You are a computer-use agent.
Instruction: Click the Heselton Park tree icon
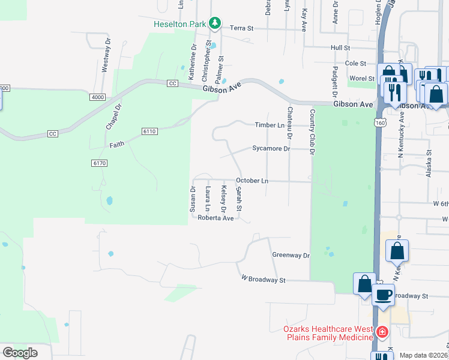215,23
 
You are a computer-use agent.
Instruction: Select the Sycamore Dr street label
271,148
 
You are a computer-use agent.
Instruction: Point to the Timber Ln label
269,125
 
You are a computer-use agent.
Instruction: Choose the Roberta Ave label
215,218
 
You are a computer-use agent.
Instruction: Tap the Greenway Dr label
291,256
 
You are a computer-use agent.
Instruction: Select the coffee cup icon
383,295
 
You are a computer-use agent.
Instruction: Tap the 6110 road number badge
149,131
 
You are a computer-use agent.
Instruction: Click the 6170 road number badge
99,163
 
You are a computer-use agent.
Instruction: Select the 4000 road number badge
98,97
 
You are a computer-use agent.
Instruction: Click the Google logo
20,353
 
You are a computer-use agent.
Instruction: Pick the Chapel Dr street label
113,116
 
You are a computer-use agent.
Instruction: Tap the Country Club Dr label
312,133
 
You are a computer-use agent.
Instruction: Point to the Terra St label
243,28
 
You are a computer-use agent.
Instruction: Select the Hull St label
340,47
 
